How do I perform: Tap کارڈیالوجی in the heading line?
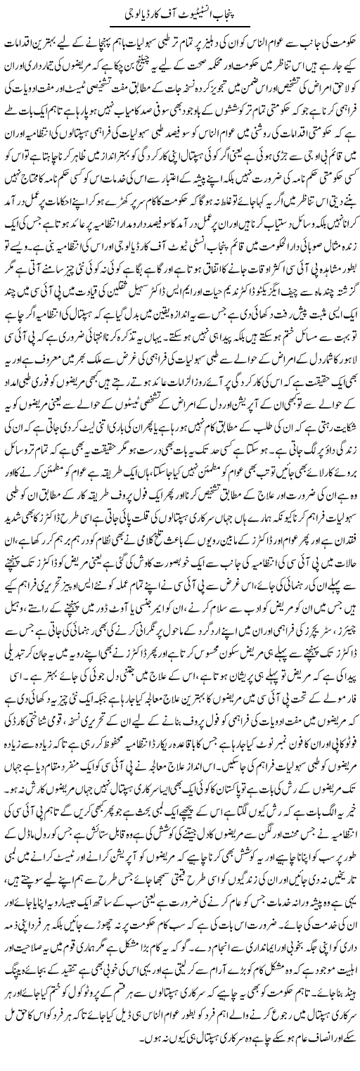[x=139, y=12]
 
